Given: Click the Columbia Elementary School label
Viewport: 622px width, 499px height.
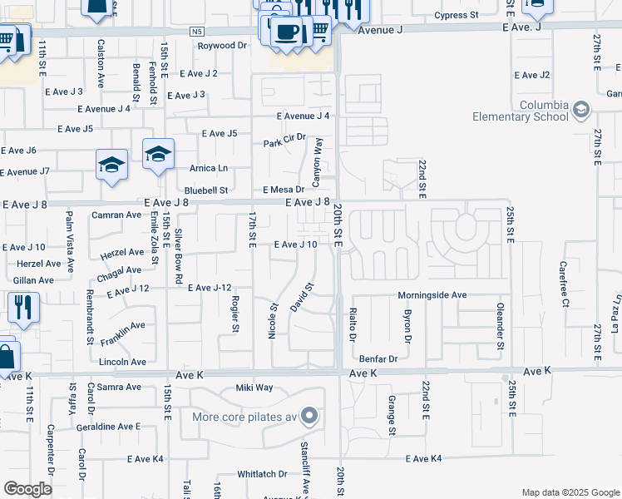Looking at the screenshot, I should pos(519,111).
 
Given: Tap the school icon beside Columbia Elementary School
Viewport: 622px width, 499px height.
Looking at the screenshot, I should pos(580,110).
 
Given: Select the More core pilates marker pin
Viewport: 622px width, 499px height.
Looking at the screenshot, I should pos(309,416).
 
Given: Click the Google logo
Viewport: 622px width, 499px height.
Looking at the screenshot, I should pos(27,488).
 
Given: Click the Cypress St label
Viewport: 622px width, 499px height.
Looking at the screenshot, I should pos(457,16).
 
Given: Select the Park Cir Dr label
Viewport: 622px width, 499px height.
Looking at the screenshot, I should pos(284,142).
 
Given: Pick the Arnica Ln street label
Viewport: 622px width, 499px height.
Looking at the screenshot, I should pos(209,168).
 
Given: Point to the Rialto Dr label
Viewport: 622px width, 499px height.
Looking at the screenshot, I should pos(353,324).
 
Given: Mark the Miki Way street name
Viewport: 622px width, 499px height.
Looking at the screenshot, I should pos(254,388).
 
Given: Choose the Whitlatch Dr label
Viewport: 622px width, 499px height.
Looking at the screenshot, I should pos(262,474).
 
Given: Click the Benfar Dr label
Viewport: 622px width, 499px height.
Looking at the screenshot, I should pos(378,359).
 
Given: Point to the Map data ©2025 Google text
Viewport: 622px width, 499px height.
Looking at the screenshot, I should pos(570,492).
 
